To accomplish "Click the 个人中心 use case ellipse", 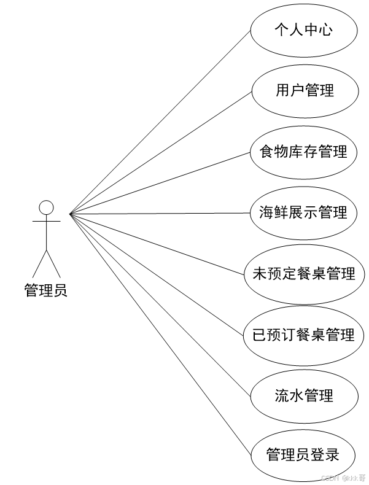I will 304,29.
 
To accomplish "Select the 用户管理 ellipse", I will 304,90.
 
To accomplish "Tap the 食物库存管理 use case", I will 304,151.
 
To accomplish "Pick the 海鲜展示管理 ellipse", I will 304,212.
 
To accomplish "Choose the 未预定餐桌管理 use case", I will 304,273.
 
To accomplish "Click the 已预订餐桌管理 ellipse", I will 304,335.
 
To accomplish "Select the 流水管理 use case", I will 304,395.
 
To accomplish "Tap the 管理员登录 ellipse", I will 304,455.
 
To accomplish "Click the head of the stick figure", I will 46,207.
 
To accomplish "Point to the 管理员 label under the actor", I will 46,290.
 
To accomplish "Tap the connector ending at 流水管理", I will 161,306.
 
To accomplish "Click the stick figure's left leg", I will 39,264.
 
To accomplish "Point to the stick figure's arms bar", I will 46,220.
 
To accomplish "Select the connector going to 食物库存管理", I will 161,183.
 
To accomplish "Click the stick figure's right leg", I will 53,264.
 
